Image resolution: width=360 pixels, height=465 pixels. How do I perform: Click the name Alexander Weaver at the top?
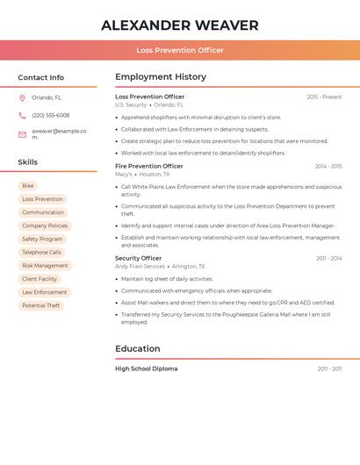(x=180, y=25)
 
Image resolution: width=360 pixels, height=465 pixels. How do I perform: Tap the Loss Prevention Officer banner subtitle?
(x=180, y=50)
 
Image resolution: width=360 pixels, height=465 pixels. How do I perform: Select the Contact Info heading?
(x=40, y=77)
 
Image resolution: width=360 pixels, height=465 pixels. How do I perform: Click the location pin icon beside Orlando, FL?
(x=22, y=97)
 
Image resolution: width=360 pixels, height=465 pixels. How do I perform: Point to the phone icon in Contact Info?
(x=22, y=115)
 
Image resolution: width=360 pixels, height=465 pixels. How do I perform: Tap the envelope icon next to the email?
(x=22, y=134)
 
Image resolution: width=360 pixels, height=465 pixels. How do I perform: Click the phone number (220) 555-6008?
(x=51, y=115)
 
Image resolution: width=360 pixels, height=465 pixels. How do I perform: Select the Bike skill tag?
(x=28, y=186)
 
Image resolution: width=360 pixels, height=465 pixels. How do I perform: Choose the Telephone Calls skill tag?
(x=41, y=253)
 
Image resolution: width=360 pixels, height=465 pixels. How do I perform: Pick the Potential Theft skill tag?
(x=41, y=305)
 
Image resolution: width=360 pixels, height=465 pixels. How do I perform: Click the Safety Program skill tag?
(x=42, y=239)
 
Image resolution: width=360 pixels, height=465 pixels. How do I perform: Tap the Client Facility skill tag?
(x=40, y=279)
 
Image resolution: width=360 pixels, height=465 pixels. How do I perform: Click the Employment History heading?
(x=161, y=77)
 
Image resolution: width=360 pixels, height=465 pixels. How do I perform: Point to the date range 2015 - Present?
(x=324, y=97)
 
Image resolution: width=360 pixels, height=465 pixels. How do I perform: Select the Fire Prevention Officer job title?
(x=149, y=166)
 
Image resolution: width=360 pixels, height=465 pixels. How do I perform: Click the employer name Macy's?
(x=124, y=175)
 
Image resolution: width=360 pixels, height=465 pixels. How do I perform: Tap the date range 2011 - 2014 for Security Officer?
(x=329, y=258)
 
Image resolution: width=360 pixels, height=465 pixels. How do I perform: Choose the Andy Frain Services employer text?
(x=140, y=267)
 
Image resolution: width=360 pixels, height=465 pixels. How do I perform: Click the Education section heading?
(x=137, y=348)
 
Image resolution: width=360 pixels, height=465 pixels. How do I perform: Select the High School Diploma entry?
(x=146, y=368)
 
